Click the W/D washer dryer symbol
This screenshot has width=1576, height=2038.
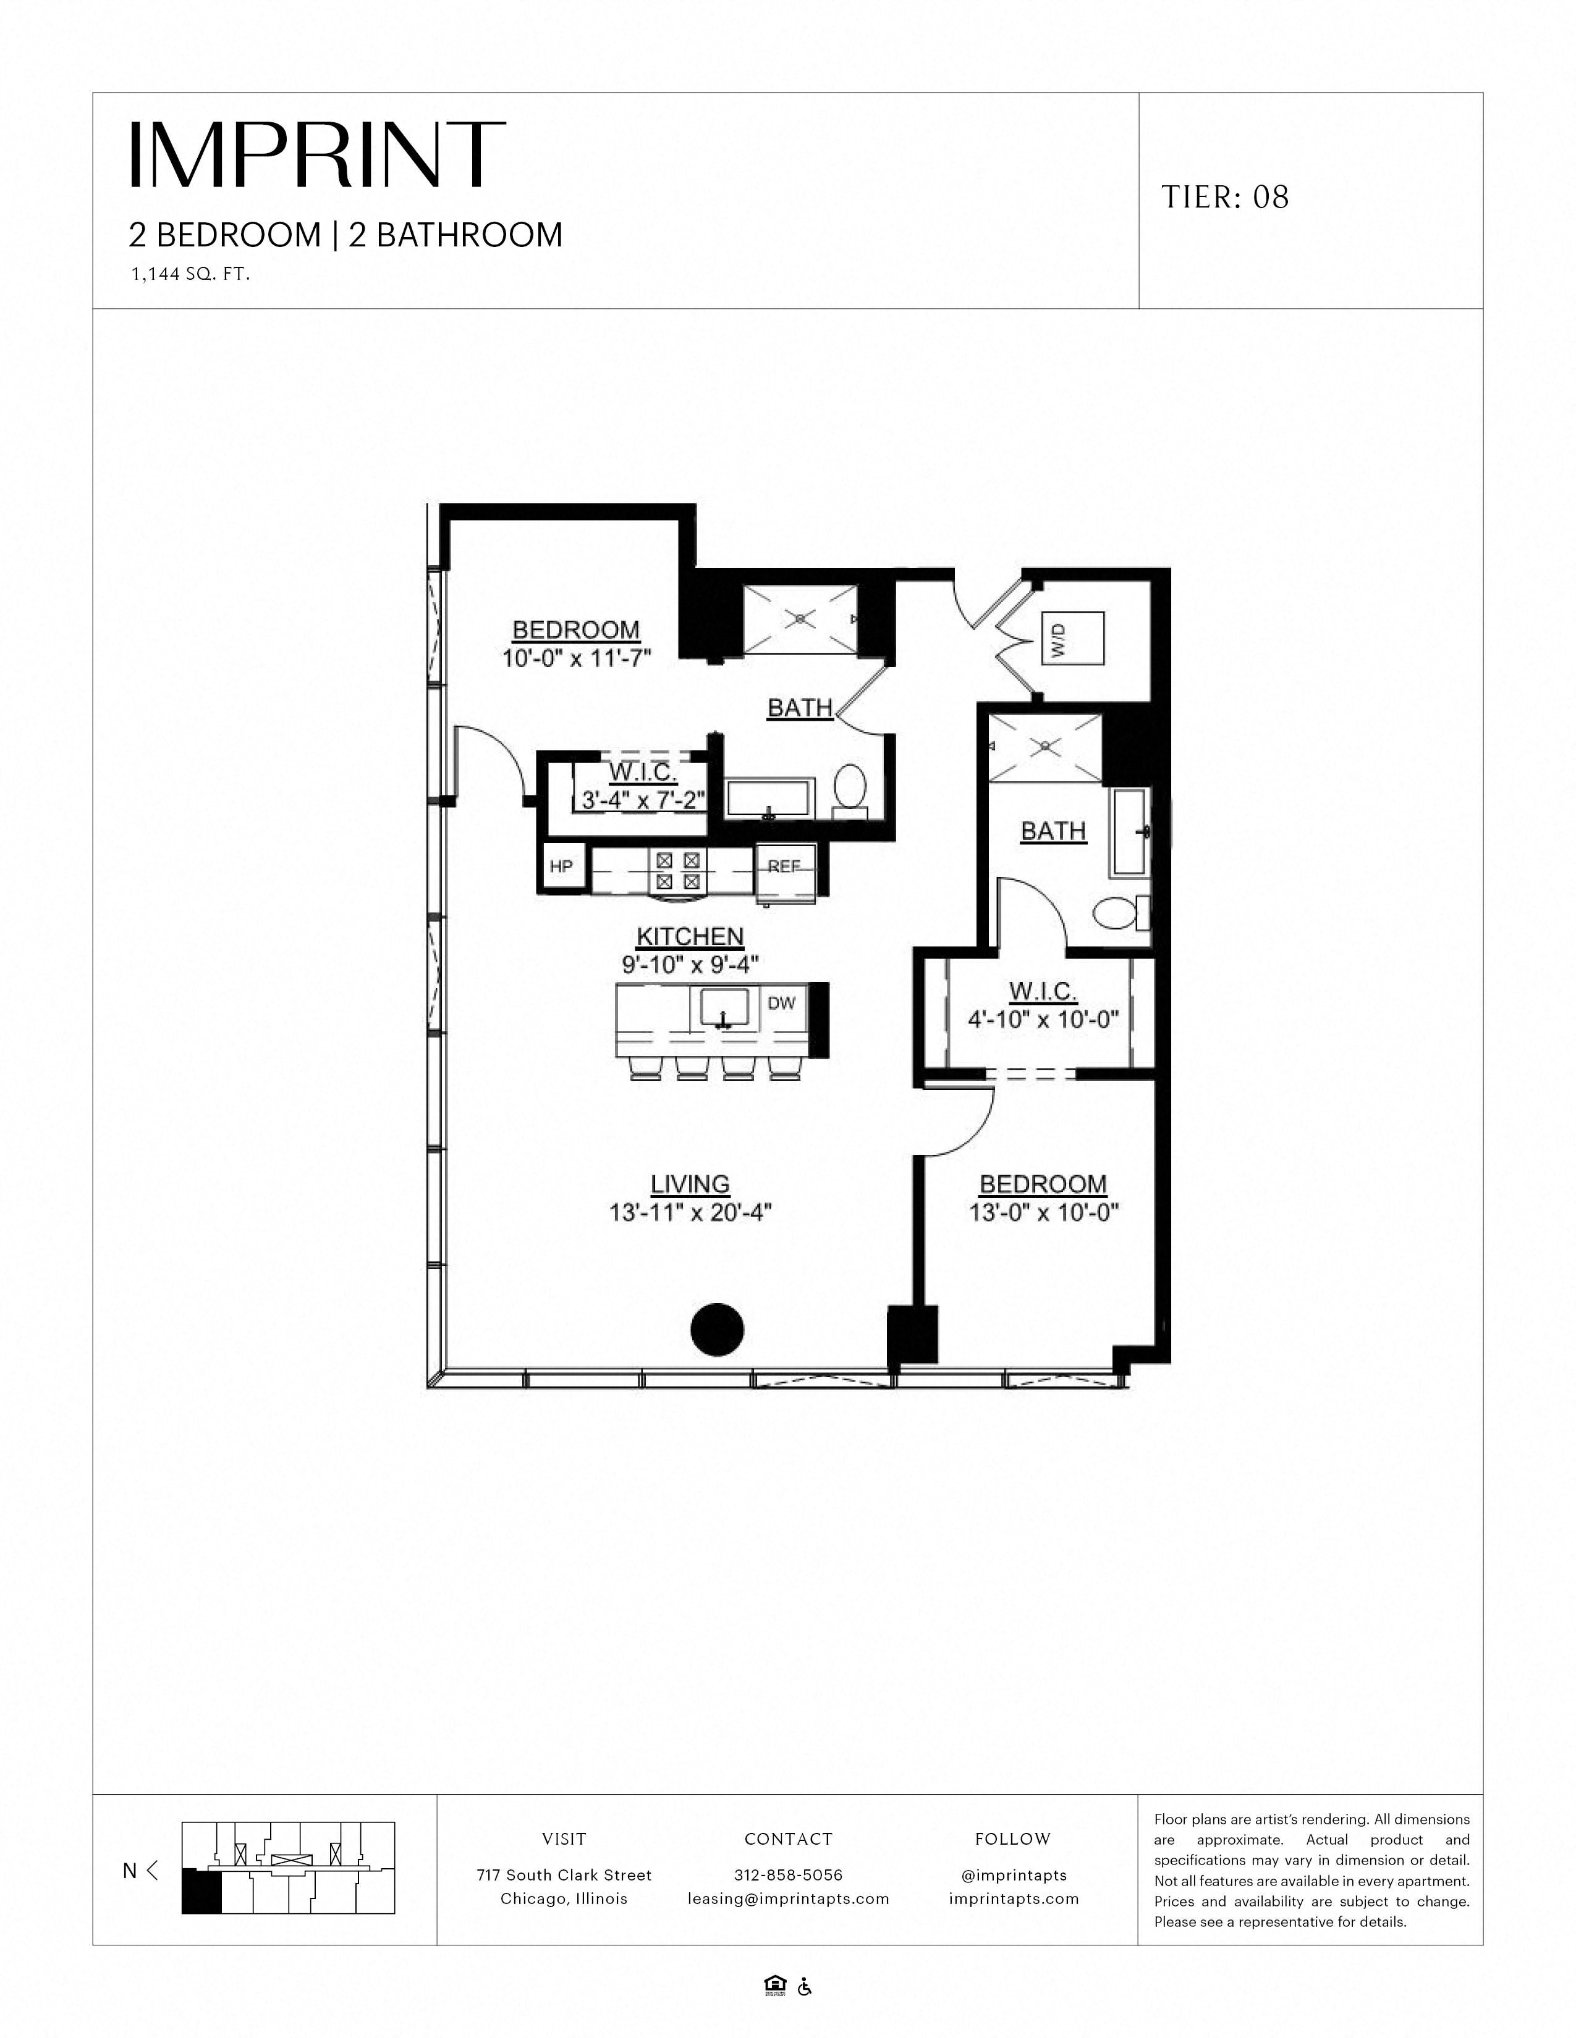coord(1073,639)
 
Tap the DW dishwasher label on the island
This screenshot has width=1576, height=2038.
coord(781,1003)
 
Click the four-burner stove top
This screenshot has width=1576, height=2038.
coord(678,870)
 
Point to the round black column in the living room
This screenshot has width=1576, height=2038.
coord(717,1329)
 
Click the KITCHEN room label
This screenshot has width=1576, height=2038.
coord(690,937)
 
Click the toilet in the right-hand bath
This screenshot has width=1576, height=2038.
coord(1119,913)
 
